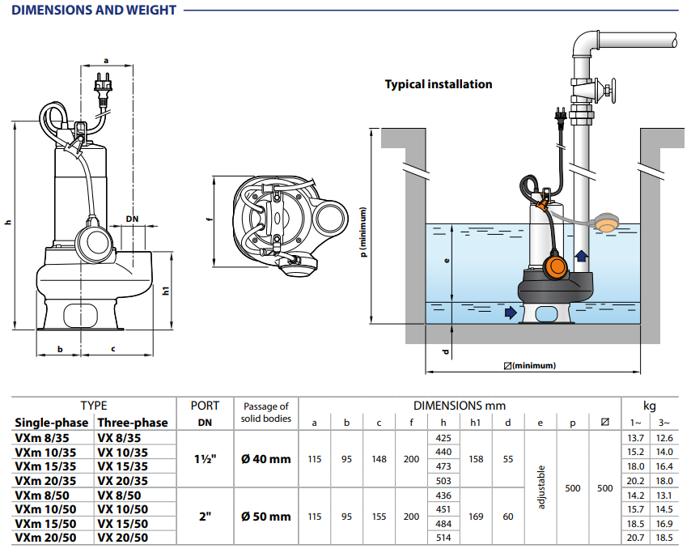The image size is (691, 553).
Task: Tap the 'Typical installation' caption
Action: pos(438,84)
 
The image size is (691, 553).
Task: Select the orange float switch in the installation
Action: pos(557,265)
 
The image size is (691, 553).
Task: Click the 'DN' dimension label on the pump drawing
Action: pos(132,219)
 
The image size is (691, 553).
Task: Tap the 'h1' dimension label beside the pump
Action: pos(166,290)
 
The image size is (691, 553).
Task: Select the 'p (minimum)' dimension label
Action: pos(364,232)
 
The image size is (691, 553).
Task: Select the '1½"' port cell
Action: pos(205,459)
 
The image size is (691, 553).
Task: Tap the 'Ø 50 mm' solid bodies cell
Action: pos(265,516)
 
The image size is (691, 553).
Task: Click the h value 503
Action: pos(443,481)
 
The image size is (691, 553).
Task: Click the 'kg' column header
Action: pos(649,406)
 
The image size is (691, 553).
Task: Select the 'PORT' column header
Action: pos(205,406)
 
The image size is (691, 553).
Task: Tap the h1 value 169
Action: pos(476,516)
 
